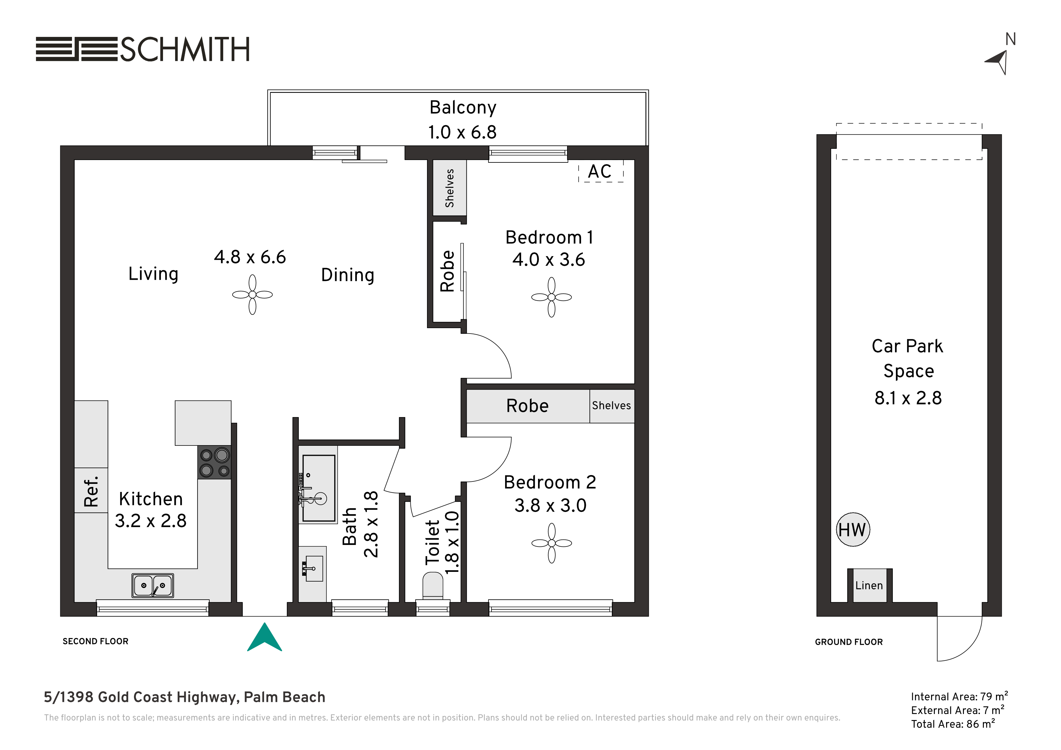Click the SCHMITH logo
tap(142, 49)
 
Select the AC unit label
tap(600, 171)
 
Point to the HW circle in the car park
tap(853, 530)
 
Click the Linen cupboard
tap(869, 585)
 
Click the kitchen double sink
tap(152, 585)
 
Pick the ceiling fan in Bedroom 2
tap(551, 543)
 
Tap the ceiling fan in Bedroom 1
tap(551, 297)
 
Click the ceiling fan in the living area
tap(252, 295)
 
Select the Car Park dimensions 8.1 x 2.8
tap(908, 398)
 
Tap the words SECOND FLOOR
tap(96, 641)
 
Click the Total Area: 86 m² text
tap(953, 724)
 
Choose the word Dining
tap(348, 276)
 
